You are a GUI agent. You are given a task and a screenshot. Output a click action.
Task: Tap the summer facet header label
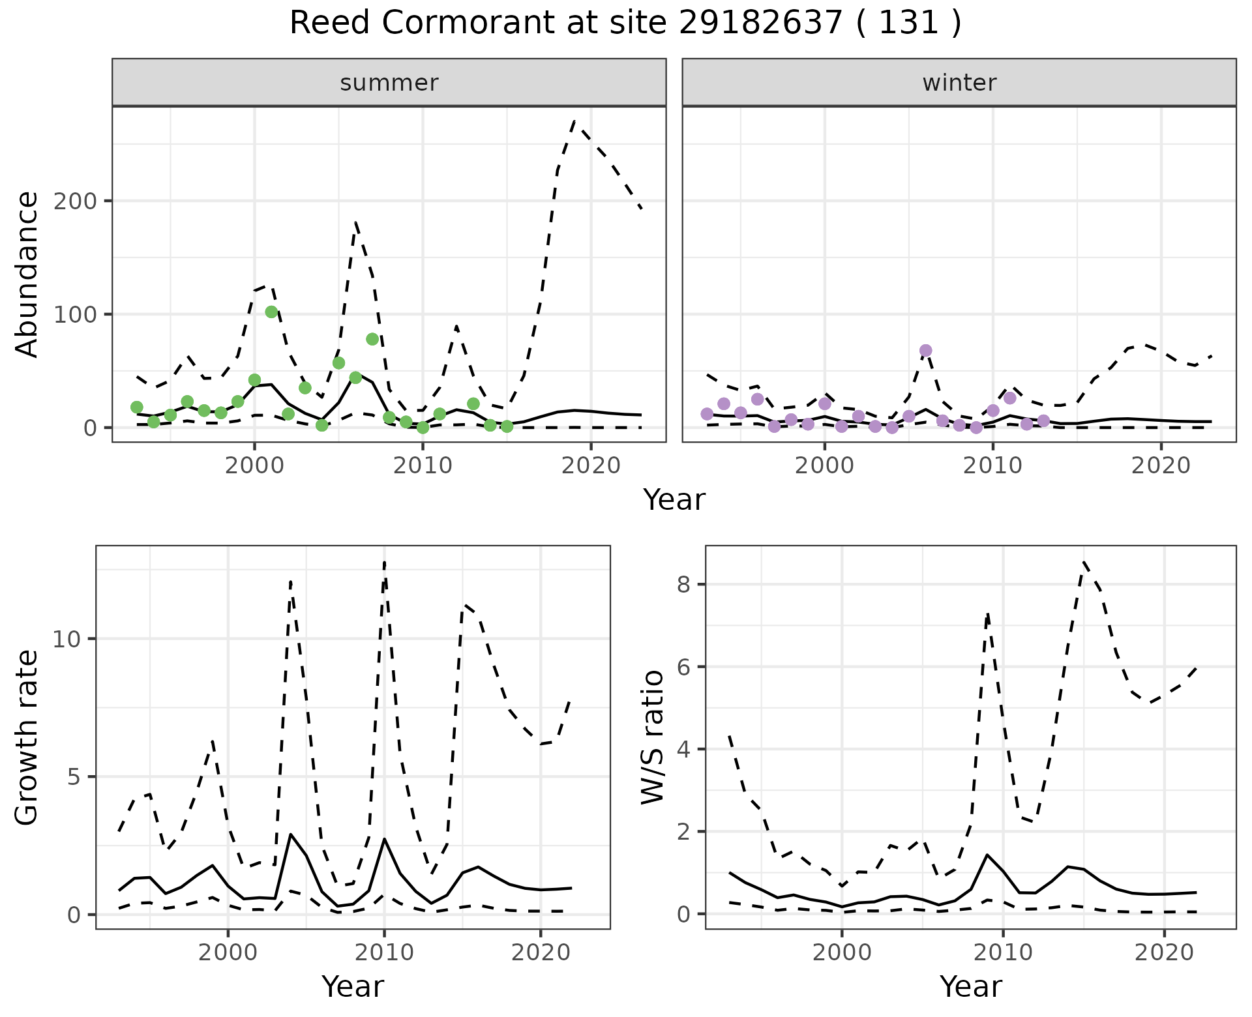pos(389,83)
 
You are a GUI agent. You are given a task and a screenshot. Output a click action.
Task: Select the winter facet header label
pos(959,83)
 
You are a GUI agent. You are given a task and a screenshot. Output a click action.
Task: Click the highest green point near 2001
pos(271,312)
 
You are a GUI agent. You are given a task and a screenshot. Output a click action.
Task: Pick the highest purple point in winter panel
pos(925,351)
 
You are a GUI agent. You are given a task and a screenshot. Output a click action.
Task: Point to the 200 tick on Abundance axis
pos(76,201)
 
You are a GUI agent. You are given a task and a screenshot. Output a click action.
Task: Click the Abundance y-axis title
pos(27,274)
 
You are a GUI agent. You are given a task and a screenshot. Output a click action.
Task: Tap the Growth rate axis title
pos(27,737)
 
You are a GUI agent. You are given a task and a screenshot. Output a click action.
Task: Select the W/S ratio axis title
pos(652,737)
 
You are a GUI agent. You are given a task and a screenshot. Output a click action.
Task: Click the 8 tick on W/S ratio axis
pos(683,584)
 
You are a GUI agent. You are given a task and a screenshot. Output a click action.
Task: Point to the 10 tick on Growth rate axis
pos(67,639)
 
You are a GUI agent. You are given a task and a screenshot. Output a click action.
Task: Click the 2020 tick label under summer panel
pos(591,465)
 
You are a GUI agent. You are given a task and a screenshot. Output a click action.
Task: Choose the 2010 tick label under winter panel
pos(992,465)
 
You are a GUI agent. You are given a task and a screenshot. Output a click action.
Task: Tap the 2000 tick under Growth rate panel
pos(228,952)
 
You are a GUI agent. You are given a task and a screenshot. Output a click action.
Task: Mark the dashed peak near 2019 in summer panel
pos(574,121)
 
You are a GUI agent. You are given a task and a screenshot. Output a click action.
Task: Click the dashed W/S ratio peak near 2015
pos(1083,561)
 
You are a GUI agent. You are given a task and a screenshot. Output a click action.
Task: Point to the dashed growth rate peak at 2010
pos(385,562)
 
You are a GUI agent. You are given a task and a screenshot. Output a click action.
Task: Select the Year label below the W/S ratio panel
pos(971,987)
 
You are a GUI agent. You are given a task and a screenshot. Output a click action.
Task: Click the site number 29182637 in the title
pos(760,23)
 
